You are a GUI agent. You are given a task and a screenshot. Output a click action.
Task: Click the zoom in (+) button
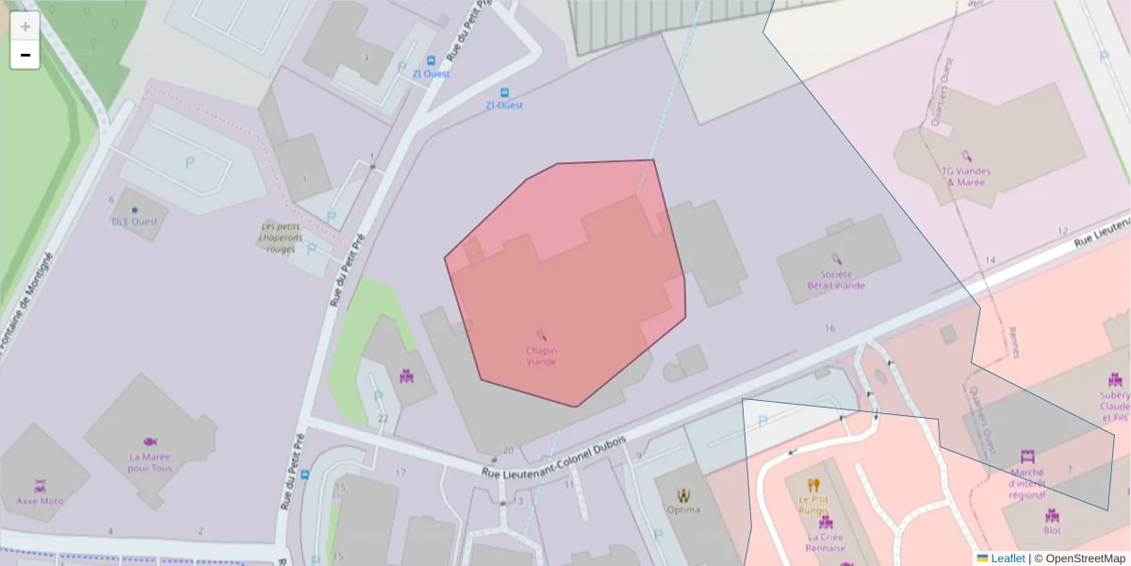click(25, 26)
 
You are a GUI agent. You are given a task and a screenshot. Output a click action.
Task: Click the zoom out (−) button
click(25, 55)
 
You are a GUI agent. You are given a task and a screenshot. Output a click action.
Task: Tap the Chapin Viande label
click(541, 356)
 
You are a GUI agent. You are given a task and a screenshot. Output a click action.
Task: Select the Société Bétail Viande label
click(835, 279)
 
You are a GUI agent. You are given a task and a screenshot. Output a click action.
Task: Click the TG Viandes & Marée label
click(966, 175)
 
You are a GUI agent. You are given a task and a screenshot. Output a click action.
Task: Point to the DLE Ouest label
click(135, 222)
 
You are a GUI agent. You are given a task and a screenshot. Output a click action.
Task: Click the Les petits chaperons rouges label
click(283, 238)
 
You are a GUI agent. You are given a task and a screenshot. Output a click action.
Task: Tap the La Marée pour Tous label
click(150, 462)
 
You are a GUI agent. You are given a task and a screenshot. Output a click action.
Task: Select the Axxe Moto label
click(40, 501)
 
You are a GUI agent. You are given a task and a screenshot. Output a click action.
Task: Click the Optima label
click(683, 510)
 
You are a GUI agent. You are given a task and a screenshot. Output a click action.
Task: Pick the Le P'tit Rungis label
click(812, 505)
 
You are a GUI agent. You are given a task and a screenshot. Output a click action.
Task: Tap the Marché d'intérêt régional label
click(1026, 482)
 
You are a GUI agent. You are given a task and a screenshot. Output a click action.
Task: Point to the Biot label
click(1052, 516)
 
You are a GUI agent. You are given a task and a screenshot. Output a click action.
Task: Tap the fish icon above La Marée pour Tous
click(150, 441)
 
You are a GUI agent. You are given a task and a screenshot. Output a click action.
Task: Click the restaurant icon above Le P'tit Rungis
click(813, 485)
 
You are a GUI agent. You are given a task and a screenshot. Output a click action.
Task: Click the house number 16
click(829, 328)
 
